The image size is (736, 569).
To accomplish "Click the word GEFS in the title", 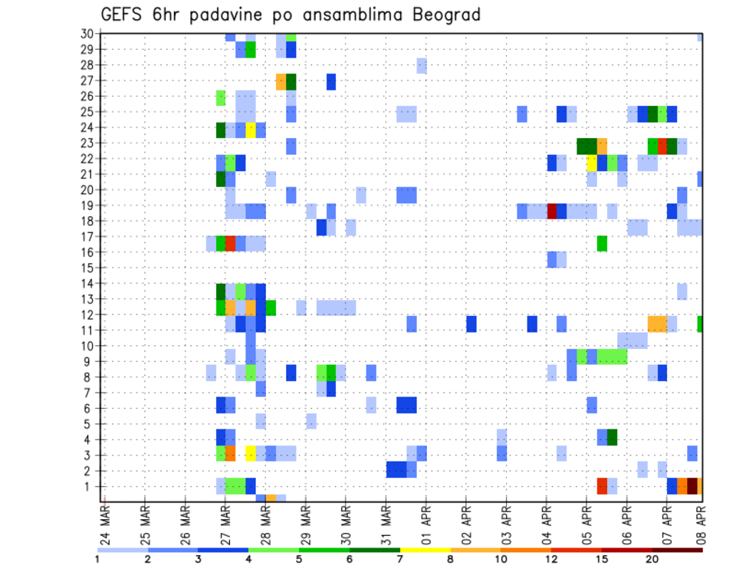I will pyautogui.click(x=120, y=15).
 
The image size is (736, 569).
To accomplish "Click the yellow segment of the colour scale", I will pyautogui.click(x=425, y=550).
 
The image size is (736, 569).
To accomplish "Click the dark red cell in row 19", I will pyautogui.click(x=551, y=211).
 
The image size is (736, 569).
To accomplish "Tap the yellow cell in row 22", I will pyautogui.click(x=592, y=163).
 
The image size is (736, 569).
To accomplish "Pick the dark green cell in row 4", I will pyautogui.click(x=612, y=437).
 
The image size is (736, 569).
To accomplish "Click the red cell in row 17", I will pyautogui.click(x=230, y=243).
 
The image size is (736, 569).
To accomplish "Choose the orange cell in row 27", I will pyautogui.click(x=281, y=81).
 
